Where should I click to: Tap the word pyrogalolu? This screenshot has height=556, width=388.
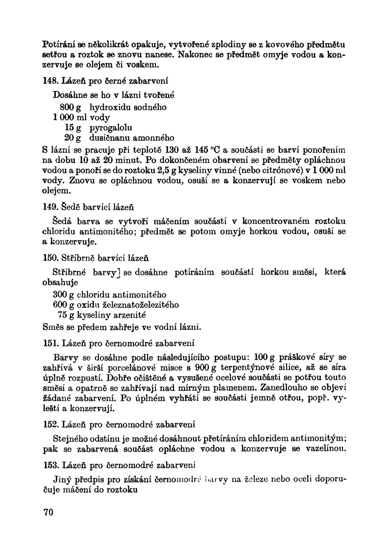pyautogui.click(x=111, y=128)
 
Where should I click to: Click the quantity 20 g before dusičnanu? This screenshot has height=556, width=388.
pyautogui.click(x=73, y=138)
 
